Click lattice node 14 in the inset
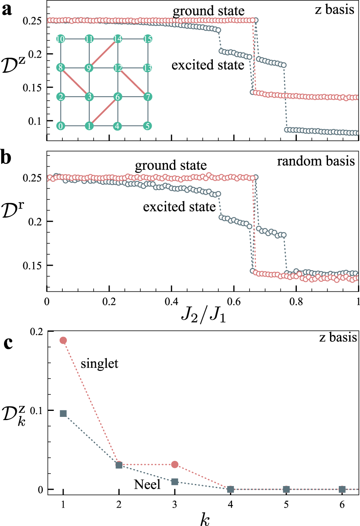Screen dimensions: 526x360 [x=118, y=39]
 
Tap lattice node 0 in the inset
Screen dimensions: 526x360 [x=61, y=126]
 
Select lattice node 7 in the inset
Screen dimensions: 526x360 [x=146, y=97]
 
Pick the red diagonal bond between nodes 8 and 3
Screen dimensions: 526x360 [x=75, y=82]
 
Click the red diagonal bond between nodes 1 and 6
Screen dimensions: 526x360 [x=103, y=111]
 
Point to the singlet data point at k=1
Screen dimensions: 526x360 [x=63, y=340]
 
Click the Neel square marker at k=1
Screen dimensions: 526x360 [x=63, y=413]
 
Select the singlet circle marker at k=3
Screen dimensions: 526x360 [x=174, y=464]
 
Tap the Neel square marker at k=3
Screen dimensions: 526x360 [x=174, y=482]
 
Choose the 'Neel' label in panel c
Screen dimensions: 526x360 [x=147, y=485]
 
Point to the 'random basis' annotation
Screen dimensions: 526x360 [x=316, y=161]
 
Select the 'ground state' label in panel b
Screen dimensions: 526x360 [x=176, y=165]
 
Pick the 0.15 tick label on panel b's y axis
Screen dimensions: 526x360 [x=32, y=265]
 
